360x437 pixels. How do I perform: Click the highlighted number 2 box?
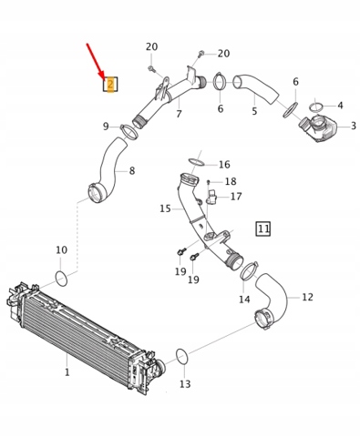(110, 84)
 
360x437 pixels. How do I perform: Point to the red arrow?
(96, 62)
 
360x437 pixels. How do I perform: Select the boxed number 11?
(263, 229)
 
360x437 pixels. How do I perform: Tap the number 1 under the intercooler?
(67, 372)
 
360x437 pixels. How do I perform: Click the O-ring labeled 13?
(181, 357)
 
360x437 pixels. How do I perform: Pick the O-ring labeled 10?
(61, 279)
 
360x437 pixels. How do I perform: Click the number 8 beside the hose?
(132, 171)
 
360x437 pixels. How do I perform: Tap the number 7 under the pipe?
(179, 114)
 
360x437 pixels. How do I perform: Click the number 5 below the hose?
(254, 111)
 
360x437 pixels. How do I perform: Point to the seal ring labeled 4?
(317, 107)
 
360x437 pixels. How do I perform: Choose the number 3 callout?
(354, 126)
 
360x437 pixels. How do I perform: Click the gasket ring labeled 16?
(196, 162)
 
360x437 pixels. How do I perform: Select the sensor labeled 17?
(211, 198)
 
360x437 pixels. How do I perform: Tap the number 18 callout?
(231, 181)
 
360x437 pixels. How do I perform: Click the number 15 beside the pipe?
(165, 208)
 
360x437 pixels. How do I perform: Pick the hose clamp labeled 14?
(249, 270)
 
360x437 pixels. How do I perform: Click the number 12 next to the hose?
(307, 297)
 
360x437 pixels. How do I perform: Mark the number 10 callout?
(62, 250)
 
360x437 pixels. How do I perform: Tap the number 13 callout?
(185, 384)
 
